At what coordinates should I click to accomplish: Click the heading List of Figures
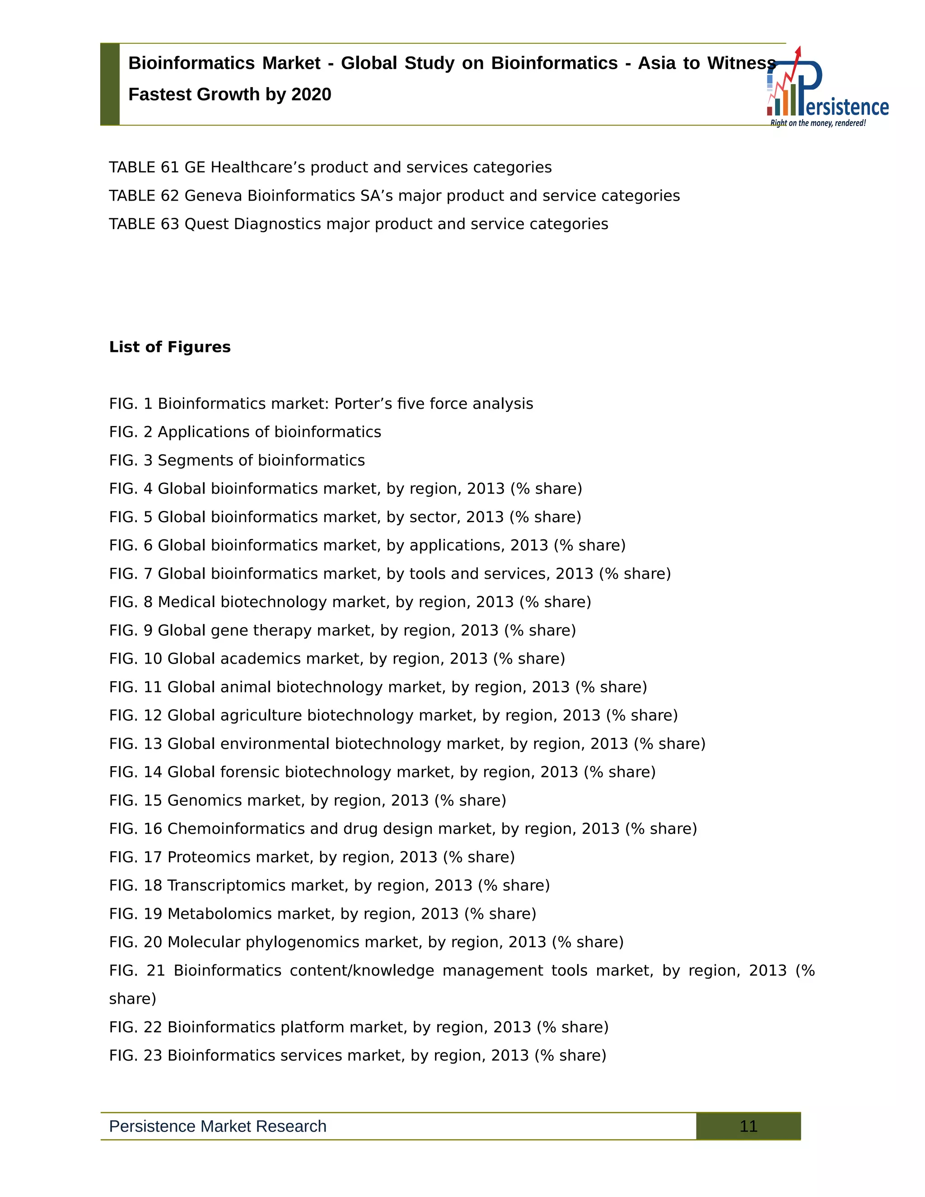click(x=170, y=347)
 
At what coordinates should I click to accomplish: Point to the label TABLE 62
click(x=144, y=196)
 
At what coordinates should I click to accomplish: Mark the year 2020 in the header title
click(x=311, y=94)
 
